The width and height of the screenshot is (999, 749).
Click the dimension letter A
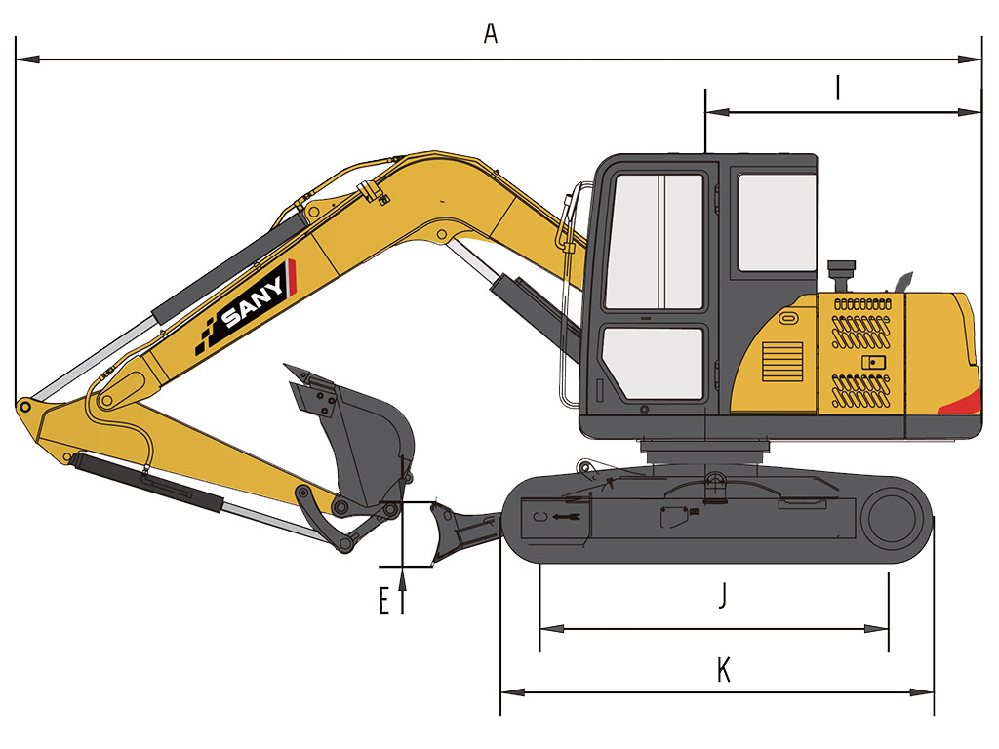(x=490, y=33)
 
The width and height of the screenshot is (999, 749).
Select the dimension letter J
(x=723, y=595)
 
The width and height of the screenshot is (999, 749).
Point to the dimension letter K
(x=723, y=669)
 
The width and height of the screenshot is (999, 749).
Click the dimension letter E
(x=383, y=601)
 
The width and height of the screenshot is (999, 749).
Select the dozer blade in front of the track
(x=461, y=532)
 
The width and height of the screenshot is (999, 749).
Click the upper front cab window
(x=654, y=242)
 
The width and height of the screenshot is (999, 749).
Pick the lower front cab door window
(x=654, y=363)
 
